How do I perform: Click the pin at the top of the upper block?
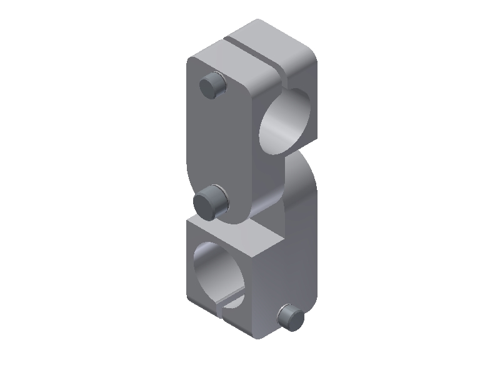pyautogui.click(x=212, y=84)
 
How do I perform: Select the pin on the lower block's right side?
pyautogui.click(x=291, y=317)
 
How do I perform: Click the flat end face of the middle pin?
pyautogui.click(x=206, y=203)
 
